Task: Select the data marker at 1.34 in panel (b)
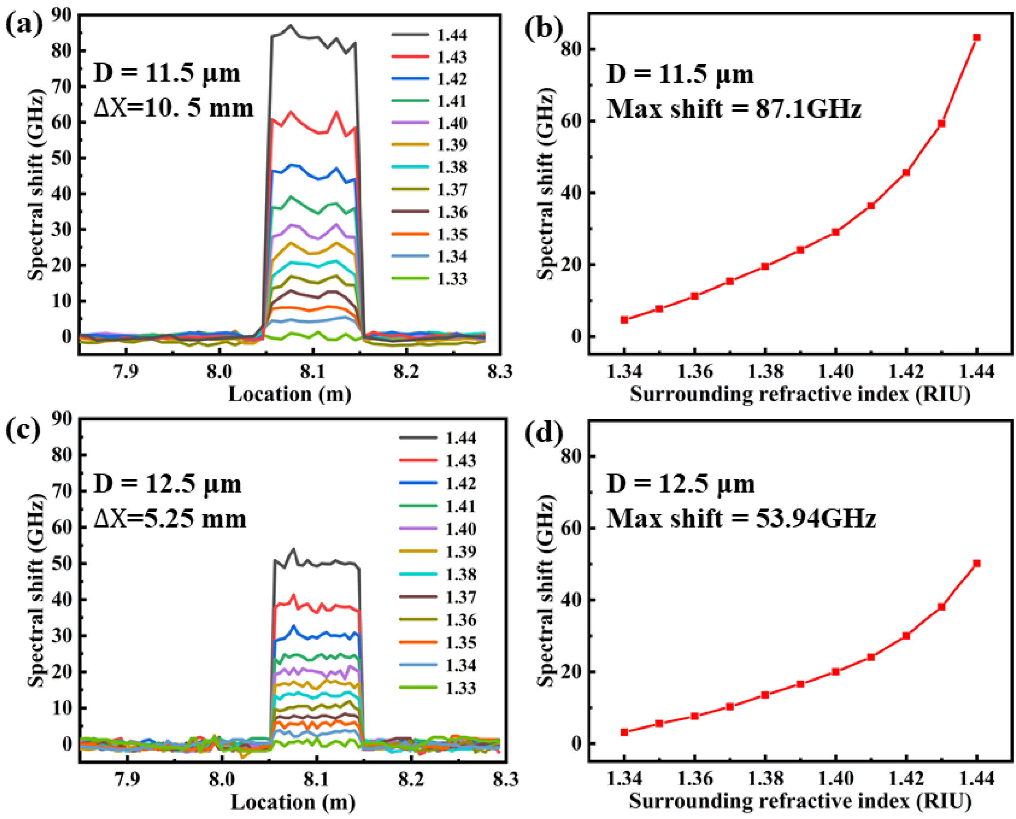tap(624, 320)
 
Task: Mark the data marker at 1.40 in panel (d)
tap(836, 671)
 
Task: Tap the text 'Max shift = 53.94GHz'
tap(741, 519)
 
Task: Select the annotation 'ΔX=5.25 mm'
tap(170, 519)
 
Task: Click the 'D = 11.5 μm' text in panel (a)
tap(167, 73)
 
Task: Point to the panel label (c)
tap(23, 431)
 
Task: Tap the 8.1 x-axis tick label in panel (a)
tap(312, 371)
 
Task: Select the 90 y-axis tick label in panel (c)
tap(62, 419)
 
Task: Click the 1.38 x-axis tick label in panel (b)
tap(765, 371)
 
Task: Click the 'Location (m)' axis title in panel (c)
tap(293, 802)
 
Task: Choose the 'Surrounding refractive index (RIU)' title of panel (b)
tap(800, 394)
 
